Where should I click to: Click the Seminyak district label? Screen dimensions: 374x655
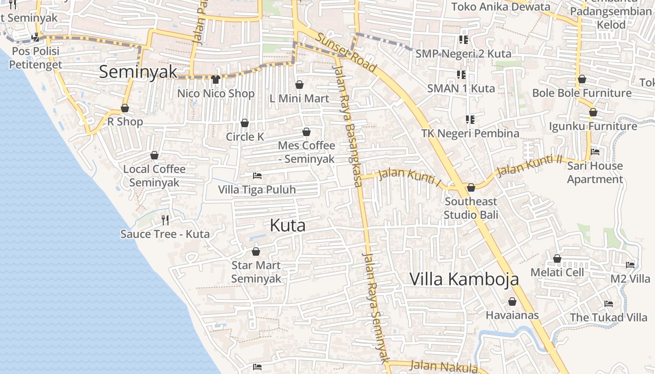click(x=138, y=72)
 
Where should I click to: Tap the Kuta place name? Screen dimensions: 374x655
click(x=288, y=225)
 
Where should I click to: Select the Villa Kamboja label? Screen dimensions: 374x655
click(x=464, y=279)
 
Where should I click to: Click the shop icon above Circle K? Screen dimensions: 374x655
click(x=244, y=123)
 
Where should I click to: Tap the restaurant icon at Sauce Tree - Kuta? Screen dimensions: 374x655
click(x=165, y=220)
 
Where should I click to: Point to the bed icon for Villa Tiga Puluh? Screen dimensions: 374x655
click(x=257, y=176)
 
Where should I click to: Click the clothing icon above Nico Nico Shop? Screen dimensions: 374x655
click(x=215, y=79)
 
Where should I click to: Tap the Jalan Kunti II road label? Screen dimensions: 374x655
click(x=529, y=166)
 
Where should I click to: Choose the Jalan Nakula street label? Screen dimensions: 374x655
click(x=444, y=366)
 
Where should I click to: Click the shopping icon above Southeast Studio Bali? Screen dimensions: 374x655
click(x=471, y=187)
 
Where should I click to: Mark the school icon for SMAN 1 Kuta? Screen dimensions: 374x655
click(x=461, y=74)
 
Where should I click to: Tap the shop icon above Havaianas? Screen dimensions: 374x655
click(x=512, y=302)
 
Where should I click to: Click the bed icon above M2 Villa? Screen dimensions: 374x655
click(x=630, y=265)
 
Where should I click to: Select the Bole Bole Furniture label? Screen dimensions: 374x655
click(x=582, y=93)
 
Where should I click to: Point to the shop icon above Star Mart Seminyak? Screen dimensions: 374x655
click(x=256, y=252)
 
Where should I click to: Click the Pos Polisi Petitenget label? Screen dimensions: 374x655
click(x=36, y=58)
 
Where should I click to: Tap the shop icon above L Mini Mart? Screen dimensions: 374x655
click(x=299, y=85)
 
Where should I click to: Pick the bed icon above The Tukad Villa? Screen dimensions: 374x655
click(x=608, y=304)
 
